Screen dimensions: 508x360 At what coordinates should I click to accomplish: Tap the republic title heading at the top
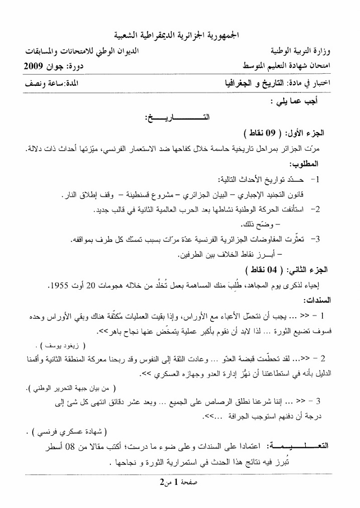[x=179, y=36]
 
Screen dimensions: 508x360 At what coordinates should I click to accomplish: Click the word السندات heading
[x=315, y=300]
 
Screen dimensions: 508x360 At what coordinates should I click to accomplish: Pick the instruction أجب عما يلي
[x=300, y=101]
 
